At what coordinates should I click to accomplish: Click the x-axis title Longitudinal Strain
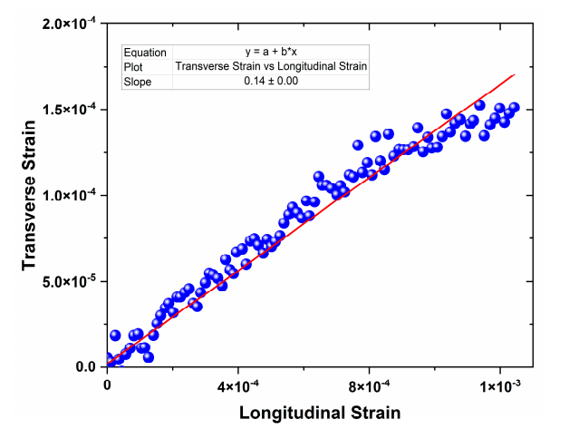(320, 413)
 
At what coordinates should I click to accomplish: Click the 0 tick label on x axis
(108, 384)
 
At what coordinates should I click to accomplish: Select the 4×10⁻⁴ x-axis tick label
(239, 384)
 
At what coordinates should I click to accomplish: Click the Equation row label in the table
(144, 52)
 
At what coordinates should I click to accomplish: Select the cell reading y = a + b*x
(271, 52)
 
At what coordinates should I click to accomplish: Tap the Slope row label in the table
(138, 81)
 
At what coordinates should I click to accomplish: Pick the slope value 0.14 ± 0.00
(271, 81)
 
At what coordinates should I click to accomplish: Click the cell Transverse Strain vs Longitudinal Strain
(271, 66)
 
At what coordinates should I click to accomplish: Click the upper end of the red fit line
(514, 74)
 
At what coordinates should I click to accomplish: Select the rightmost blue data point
(514, 107)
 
